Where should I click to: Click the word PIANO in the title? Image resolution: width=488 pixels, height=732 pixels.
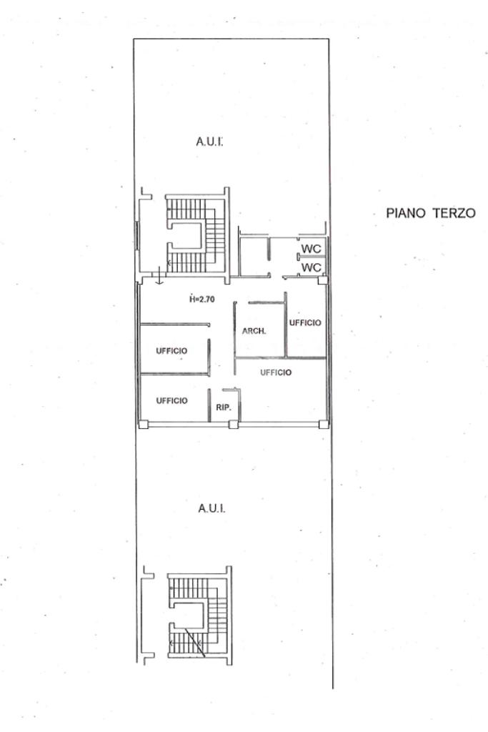point(405,213)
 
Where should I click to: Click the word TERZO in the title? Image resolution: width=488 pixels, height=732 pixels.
point(454,213)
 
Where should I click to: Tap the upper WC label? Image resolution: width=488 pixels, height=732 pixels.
point(312,248)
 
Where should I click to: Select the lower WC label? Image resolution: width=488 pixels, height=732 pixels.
point(312,267)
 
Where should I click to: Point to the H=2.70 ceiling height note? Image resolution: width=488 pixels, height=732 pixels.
point(202,299)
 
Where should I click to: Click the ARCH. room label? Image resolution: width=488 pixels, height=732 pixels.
point(254,331)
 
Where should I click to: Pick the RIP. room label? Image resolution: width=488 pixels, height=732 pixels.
point(224,407)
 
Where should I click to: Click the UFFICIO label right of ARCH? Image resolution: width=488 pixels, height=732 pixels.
point(305,322)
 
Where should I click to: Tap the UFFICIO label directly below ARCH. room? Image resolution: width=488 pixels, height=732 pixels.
point(276,372)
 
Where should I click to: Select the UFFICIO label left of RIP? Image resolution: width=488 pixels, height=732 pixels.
point(171,400)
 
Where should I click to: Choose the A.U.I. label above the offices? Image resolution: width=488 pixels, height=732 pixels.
point(209,142)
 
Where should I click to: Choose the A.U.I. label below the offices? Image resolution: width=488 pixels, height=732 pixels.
point(211,508)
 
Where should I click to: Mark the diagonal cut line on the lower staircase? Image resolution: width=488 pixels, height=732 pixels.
point(195,643)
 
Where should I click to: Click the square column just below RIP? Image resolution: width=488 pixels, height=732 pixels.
point(233,425)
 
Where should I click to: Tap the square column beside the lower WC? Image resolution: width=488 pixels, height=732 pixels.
point(322,280)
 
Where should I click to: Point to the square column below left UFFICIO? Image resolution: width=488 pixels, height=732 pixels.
point(143,425)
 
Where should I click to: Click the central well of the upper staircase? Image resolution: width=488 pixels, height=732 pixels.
point(186,236)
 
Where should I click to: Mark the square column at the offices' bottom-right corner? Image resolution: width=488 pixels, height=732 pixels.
point(323,424)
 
